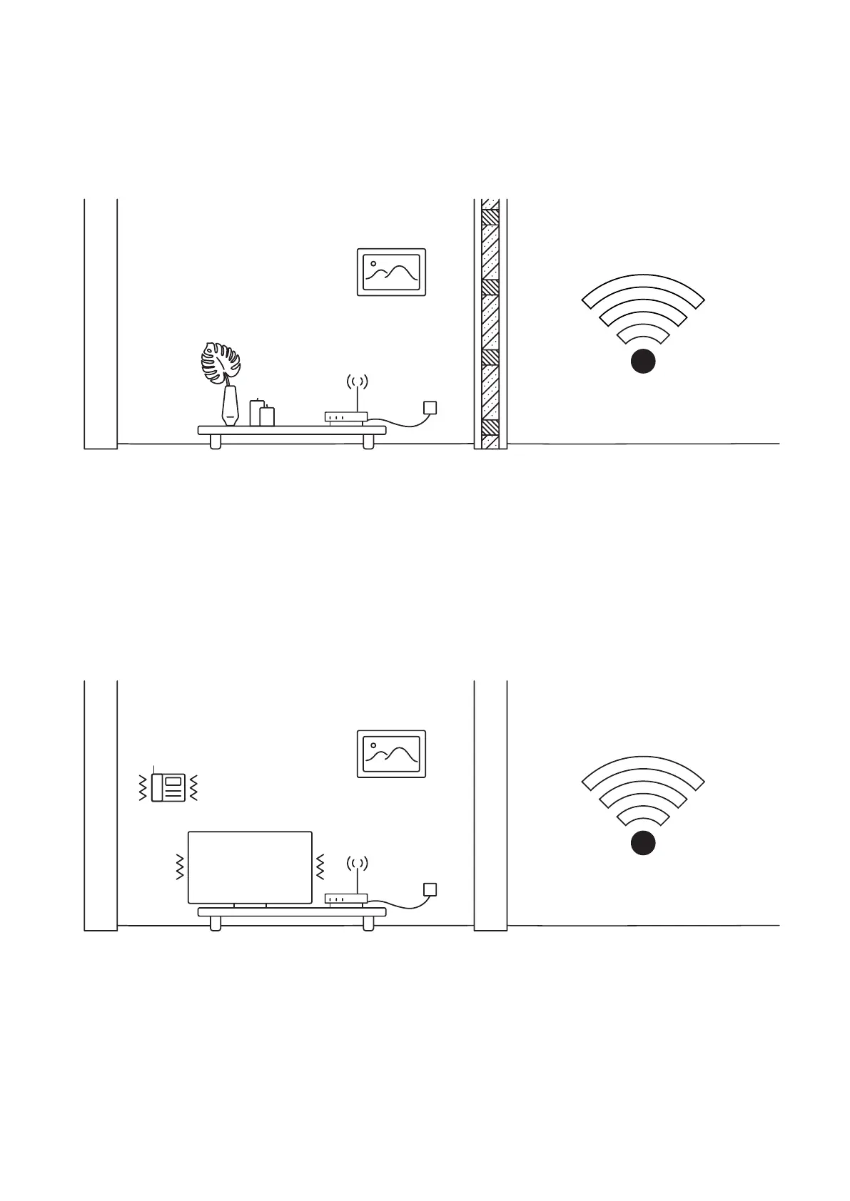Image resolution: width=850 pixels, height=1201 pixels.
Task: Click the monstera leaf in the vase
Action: pyautogui.click(x=219, y=362)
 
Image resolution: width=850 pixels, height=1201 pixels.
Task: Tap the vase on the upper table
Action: pyautogui.click(x=229, y=407)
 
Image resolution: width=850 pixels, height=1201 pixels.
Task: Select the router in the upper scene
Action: pyautogui.click(x=346, y=416)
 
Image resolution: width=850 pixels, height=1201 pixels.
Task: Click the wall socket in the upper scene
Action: pyautogui.click(x=430, y=408)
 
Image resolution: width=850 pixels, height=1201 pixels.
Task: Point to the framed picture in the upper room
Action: pyautogui.click(x=391, y=272)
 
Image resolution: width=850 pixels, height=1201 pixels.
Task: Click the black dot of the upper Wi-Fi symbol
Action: pyautogui.click(x=643, y=362)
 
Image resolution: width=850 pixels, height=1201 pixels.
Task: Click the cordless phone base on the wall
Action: pyautogui.click(x=168, y=787)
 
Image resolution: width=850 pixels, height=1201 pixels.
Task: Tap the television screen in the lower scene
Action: pyautogui.click(x=250, y=867)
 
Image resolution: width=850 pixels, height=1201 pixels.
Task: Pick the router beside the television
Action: pyautogui.click(x=346, y=899)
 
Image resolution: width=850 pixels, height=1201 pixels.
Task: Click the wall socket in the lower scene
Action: pyautogui.click(x=430, y=889)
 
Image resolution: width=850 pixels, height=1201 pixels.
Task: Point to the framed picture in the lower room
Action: pyautogui.click(x=391, y=754)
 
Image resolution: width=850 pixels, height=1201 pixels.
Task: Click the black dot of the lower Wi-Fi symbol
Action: pyautogui.click(x=643, y=843)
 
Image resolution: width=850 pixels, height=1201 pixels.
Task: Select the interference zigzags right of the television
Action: pyautogui.click(x=320, y=866)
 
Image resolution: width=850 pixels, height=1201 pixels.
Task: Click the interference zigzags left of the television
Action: pyautogui.click(x=180, y=866)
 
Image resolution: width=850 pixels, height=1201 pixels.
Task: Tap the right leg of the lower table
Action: pyautogui.click(x=368, y=924)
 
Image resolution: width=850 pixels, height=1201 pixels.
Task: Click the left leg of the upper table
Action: pyautogui.click(x=215, y=442)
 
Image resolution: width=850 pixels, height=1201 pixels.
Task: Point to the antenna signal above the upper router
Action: pyautogui.click(x=357, y=382)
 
